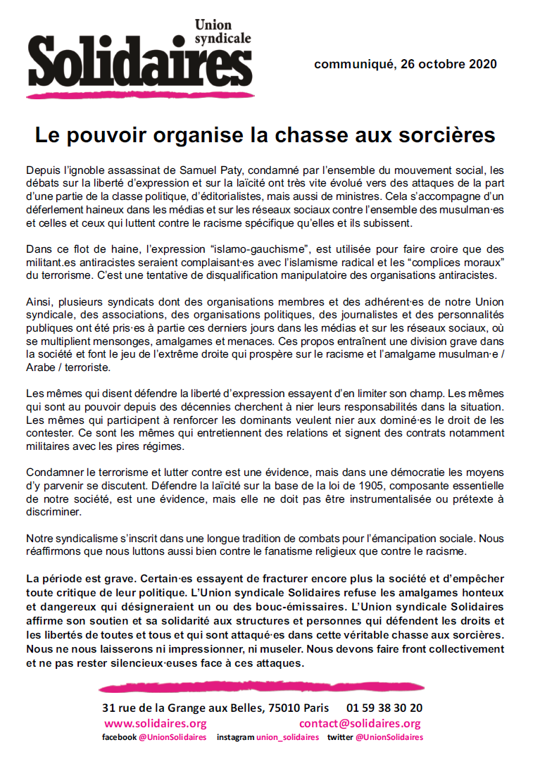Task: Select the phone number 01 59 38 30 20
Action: pos(384,708)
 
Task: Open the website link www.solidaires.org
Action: pos(155,724)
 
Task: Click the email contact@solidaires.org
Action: pos(360,724)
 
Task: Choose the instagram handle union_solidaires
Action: pos(287,738)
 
